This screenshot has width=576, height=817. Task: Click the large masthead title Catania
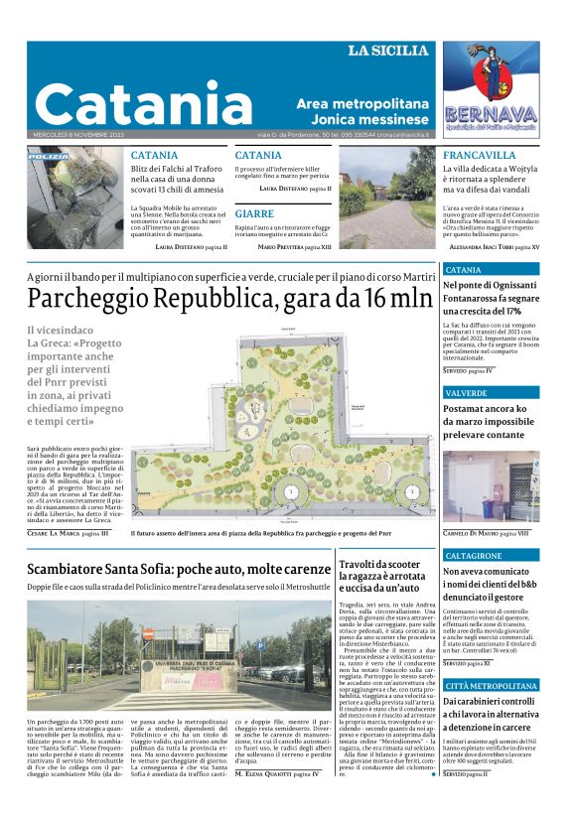pos(144,103)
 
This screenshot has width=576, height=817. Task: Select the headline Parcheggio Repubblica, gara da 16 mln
pos(229,298)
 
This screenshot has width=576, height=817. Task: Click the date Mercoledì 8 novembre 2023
pos(80,135)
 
